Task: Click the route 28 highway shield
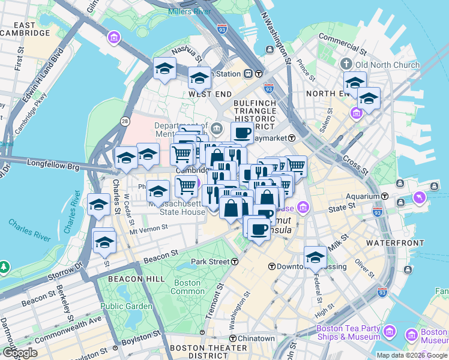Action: [x=125, y=121]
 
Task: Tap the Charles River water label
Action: [x=29, y=230]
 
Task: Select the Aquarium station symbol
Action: [x=384, y=196]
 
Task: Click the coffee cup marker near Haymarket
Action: [x=242, y=133]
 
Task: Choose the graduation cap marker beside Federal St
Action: [x=315, y=257]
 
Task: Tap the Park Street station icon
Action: [x=235, y=262]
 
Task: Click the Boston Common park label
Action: [x=187, y=287]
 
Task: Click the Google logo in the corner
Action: [x=20, y=353]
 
